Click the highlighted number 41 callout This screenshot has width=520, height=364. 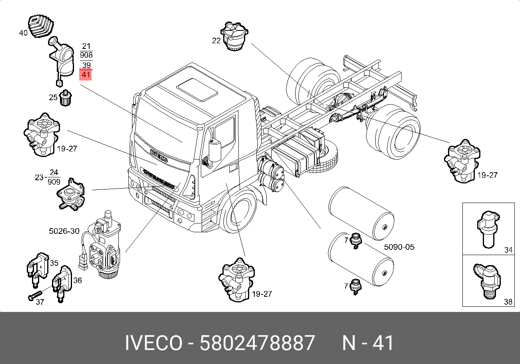point(86,74)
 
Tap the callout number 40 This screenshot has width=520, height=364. point(23,33)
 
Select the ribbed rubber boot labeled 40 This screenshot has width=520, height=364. point(41,26)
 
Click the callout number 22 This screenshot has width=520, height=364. point(216,41)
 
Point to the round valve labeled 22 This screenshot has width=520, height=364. point(234,36)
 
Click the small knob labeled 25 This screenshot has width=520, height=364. point(66,98)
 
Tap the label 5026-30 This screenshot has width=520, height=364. point(64,231)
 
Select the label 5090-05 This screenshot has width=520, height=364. point(399,247)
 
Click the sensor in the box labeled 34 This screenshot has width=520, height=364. point(488,229)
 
